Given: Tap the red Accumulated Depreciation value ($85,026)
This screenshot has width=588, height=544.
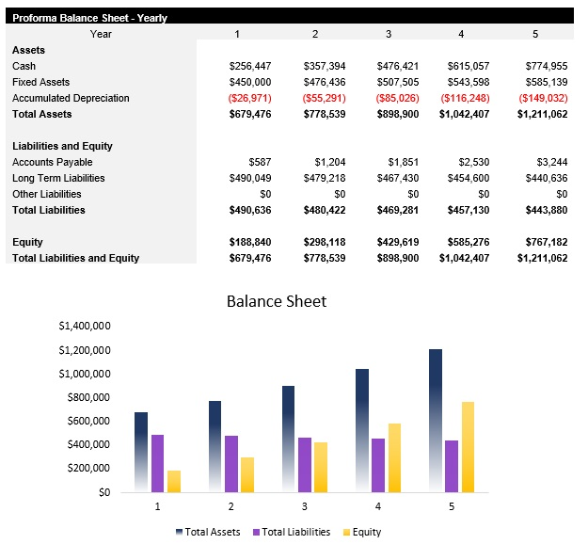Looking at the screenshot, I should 394,98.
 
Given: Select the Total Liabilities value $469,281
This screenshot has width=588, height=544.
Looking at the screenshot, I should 394,210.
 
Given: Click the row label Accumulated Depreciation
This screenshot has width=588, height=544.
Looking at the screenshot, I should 71,98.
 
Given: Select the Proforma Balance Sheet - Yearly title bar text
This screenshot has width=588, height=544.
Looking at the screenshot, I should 89,17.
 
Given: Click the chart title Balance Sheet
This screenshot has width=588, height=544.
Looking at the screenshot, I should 277,301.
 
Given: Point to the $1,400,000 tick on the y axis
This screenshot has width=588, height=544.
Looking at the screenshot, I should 85,327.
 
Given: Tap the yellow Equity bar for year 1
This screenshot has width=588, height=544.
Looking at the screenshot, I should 174,481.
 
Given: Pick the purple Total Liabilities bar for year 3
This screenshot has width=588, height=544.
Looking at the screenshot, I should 304,464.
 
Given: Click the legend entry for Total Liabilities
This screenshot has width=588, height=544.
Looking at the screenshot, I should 292,532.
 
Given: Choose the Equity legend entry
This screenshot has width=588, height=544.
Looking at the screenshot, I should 361,532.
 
